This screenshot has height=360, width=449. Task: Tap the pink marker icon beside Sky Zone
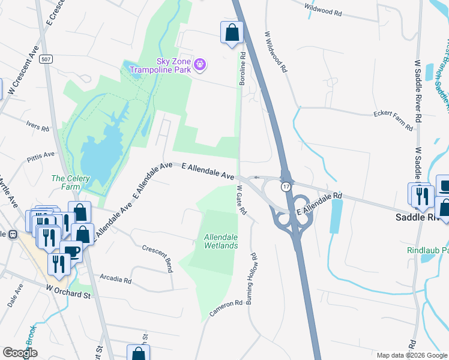[200, 64]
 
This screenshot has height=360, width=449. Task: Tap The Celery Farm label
[66, 182]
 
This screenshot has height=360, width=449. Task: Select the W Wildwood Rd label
[276, 52]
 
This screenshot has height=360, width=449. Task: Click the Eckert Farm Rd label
[393, 119]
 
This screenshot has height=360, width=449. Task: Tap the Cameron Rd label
[226, 308]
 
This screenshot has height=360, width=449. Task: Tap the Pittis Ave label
[41, 158]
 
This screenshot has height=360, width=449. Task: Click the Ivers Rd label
[37, 126]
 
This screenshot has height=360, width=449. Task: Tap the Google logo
[20, 353]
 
